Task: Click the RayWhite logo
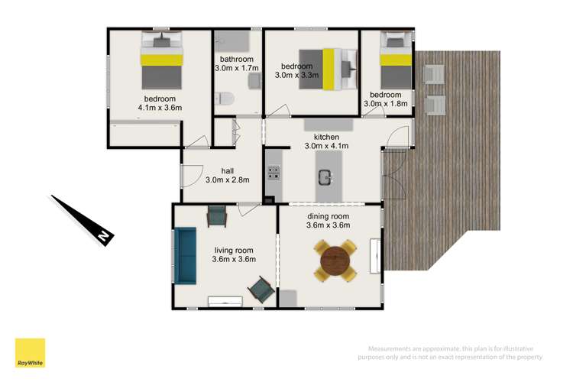pyautogui.click(x=30, y=353)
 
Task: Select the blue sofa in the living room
pyautogui.click(x=184, y=256)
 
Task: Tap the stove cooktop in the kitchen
pyautogui.click(x=273, y=173)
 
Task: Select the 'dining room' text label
pyautogui.click(x=329, y=216)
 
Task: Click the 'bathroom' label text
pyautogui.click(x=237, y=60)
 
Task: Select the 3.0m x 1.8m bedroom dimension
pyautogui.click(x=387, y=103)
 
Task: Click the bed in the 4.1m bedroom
pyautogui.click(x=161, y=59)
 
